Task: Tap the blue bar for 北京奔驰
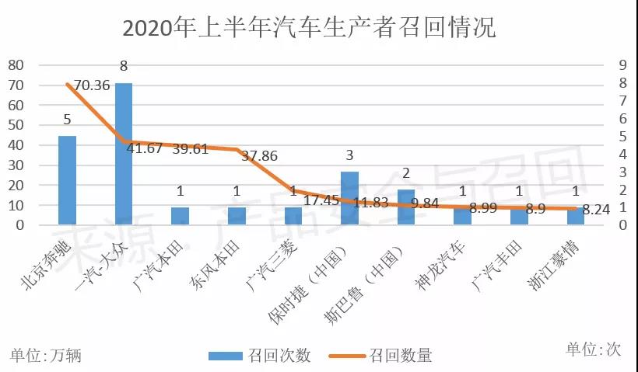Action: pos(68,180)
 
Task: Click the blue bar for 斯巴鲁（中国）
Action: pos(406,207)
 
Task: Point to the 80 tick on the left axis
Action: pos(16,65)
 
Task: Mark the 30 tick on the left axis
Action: pos(16,165)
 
